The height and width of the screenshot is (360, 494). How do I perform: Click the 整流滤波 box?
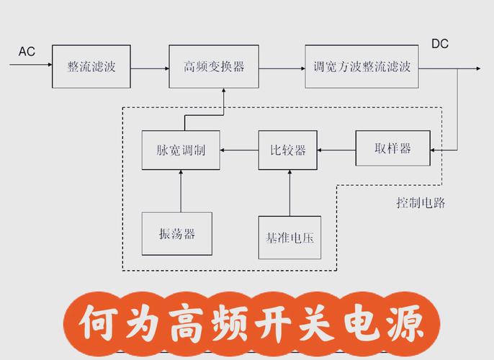click(x=91, y=66)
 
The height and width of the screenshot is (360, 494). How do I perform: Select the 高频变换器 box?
click(x=214, y=66)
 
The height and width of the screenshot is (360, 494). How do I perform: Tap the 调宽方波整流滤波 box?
click(x=361, y=66)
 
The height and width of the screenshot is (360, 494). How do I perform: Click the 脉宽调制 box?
click(x=181, y=150)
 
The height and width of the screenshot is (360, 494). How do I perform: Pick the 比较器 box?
click(x=289, y=150)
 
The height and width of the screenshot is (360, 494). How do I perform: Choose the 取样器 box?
click(x=392, y=148)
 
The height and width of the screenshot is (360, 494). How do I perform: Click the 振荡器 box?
click(x=177, y=233)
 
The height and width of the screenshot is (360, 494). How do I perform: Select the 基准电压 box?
click(x=289, y=236)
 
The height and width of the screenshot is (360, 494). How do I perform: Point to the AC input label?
click(x=27, y=52)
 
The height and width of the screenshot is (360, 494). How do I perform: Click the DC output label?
click(x=439, y=44)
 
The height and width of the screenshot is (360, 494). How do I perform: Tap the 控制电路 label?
click(x=421, y=203)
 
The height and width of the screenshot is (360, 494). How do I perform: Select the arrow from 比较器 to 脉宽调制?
click(x=239, y=150)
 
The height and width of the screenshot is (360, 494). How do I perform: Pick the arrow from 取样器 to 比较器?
click(x=337, y=150)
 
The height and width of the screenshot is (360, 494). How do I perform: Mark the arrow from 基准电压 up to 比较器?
click(x=289, y=192)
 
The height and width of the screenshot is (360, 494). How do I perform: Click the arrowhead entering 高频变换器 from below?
click(x=224, y=91)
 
